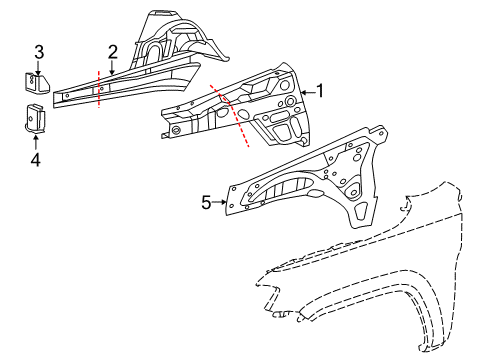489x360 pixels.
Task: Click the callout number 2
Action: coord(113,52)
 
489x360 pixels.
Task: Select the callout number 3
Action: coord(39,52)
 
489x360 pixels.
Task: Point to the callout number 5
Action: coord(206,202)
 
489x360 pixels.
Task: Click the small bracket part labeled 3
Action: coord(35,83)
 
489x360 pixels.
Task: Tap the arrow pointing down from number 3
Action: coord(39,67)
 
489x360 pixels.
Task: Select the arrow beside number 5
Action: coord(222,202)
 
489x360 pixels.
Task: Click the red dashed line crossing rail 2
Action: coord(100,85)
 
